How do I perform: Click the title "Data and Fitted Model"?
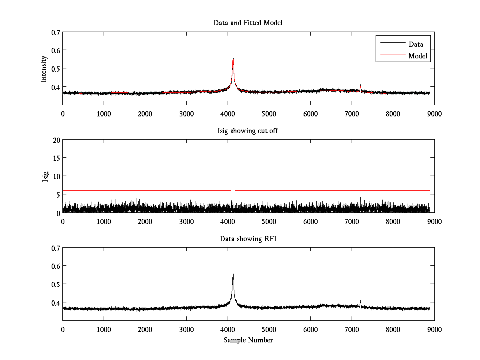point(248,23)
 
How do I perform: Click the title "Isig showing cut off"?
point(248,131)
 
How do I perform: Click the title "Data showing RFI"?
point(248,239)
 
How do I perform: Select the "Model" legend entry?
point(418,56)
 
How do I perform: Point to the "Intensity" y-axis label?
point(44,69)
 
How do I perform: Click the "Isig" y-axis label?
point(45,176)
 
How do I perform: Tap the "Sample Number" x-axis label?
point(248,340)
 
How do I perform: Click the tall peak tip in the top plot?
point(233,58)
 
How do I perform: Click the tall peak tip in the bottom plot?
point(233,274)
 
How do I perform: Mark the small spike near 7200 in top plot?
point(360,85)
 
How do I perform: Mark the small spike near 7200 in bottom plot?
point(360,301)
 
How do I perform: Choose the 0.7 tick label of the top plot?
point(56,32)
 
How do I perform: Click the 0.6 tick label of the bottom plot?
point(56,266)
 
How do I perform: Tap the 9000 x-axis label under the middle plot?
point(434,221)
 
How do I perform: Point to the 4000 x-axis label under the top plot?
point(228,114)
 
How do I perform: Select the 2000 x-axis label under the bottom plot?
point(145,329)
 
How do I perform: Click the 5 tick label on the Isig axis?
point(58,194)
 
